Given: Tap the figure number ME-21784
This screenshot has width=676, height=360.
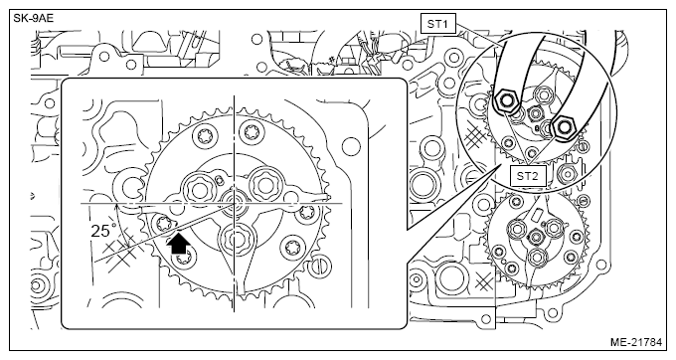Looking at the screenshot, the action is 635,342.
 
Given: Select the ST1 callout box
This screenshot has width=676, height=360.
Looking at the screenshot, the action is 437,24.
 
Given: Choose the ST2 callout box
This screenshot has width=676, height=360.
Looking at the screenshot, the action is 529,175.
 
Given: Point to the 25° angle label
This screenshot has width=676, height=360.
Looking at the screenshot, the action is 103,231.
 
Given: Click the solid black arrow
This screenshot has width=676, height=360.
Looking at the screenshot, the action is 179,244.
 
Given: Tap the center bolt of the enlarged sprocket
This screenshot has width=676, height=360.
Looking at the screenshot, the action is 234,202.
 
